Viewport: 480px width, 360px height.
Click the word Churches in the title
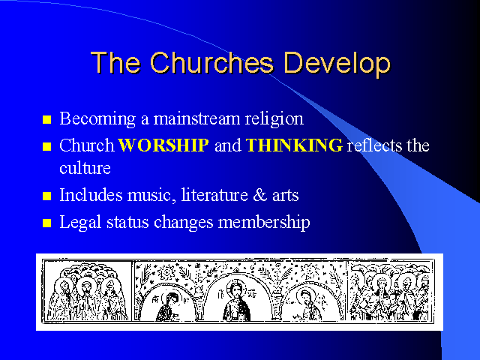(x=211, y=62)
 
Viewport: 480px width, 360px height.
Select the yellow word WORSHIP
(x=163, y=145)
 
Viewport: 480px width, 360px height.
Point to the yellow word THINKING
(x=294, y=145)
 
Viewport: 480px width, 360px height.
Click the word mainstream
(x=196, y=118)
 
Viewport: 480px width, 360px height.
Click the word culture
(x=85, y=168)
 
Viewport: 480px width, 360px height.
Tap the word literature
(x=214, y=195)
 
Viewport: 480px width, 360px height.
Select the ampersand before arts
(x=260, y=195)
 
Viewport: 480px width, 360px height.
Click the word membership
(x=264, y=222)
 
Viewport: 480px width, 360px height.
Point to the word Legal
(x=80, y=223)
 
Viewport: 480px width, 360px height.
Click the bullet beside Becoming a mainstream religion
(x=46, y=119)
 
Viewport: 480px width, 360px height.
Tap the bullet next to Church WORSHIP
(x=46, y=146)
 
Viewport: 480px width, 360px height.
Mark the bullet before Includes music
(x=46, y=196)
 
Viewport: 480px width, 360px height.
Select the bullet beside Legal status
(x=46, y=223)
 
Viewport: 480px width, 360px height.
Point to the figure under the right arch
(x=308, y=305)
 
